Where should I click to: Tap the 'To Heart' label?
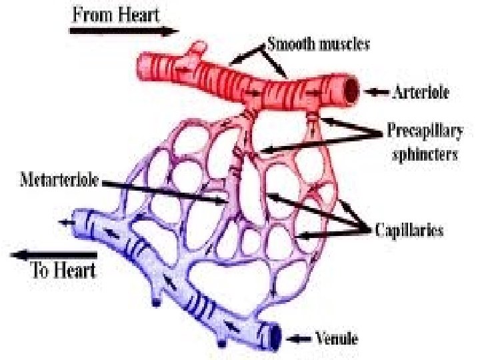point(64,270)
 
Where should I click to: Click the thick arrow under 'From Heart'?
point(124,30)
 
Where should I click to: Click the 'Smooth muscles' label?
point(319,45)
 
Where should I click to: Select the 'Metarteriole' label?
point(58,179)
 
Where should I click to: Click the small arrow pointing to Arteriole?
point(378,91)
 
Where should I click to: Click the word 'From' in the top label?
point(93,14)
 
